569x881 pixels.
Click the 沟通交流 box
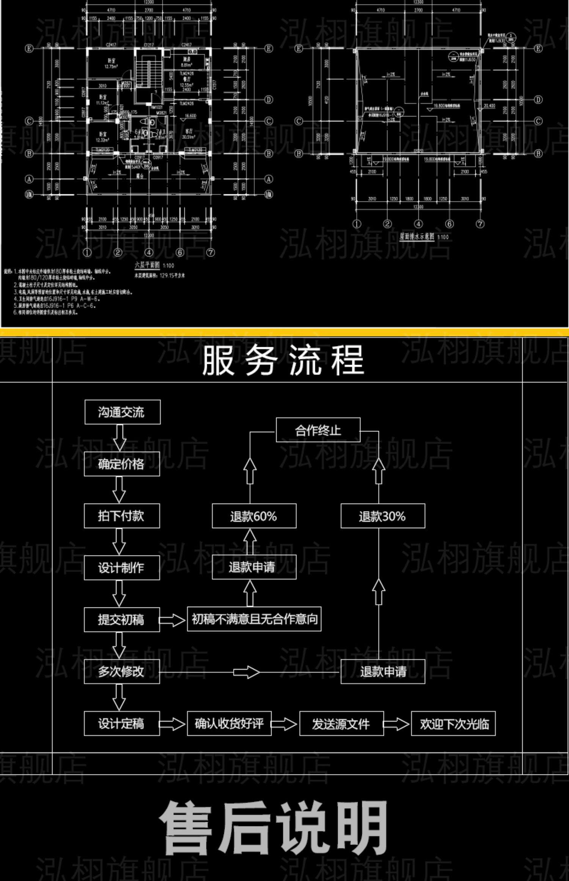[x=122, y=412]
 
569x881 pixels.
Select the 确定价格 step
[x=122, y=464]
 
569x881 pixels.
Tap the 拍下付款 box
[x=122, y=516]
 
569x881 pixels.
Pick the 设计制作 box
[x=122, y=568]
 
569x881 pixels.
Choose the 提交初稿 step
[x=122, y=620]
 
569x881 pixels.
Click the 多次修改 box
[x=122, y=672]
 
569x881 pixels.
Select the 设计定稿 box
[x=122, y=724]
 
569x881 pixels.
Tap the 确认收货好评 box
[x=229, y=724]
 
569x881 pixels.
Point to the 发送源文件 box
[x=341, y=724]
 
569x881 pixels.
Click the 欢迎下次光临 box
[x=453, y=724]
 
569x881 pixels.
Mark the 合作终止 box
[x=318, y=430]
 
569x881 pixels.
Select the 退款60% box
[x=254, y=516]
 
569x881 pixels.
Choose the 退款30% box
[x=383, y=516]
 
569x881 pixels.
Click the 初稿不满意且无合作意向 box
[x=254, y=619]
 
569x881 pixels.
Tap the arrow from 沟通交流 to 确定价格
[x=120, y=437]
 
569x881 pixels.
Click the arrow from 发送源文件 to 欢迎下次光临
[x=397, y=724]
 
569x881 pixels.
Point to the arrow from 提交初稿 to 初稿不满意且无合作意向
[x=173, y=620]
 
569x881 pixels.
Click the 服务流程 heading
[x=283, y=360]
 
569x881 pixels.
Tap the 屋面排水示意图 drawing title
[x=417, y=236]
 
